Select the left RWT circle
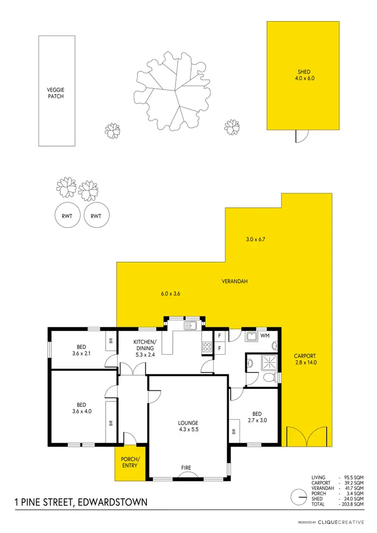click(x=67, y=216)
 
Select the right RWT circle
click(x=96, y=216)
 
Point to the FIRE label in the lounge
click(x=186, y=468)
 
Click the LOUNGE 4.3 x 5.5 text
click(x=188, y=426)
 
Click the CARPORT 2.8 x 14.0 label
click(x=305, y=359)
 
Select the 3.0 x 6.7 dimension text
click(x=255, y=240)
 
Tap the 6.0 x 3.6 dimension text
click(x=170, y=294)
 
